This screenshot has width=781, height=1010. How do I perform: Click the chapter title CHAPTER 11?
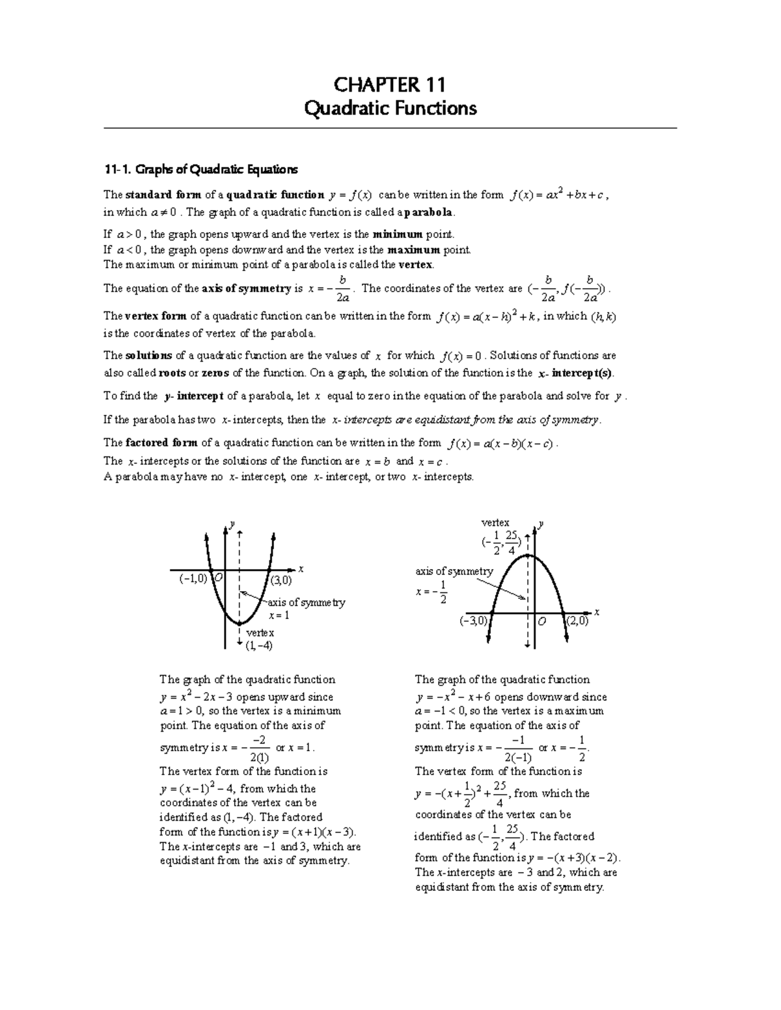click(x=390, y=85)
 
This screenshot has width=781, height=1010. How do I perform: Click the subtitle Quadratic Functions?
click(x=390, y=108)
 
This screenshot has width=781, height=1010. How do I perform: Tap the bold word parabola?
click(x=428, y=213)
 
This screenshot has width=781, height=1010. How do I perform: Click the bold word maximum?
click(x=413, y=250)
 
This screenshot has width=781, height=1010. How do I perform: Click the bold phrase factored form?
click(x=161, y=443)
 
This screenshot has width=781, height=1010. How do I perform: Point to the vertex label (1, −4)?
click(x=259, y=646)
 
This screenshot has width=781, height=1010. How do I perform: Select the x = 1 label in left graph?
click(x=279, y=615)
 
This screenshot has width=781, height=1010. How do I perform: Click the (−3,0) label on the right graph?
click(x=473, y=621)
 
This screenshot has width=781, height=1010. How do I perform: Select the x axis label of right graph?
click(x=596, y=613)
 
